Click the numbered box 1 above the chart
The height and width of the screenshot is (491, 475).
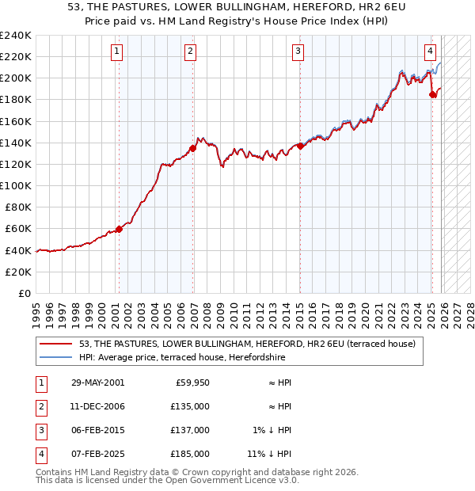116,52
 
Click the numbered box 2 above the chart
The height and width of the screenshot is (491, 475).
191,52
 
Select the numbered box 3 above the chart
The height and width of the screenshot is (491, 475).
298,52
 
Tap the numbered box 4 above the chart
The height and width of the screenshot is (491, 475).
430,52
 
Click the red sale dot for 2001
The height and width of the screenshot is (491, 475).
120,229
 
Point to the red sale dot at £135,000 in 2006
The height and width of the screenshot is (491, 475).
193,148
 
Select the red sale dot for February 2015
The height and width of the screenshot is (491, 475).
300,146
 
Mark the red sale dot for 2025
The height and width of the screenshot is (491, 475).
432,94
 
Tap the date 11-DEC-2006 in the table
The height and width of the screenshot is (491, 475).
97,406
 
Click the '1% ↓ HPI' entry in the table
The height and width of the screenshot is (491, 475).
272,430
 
